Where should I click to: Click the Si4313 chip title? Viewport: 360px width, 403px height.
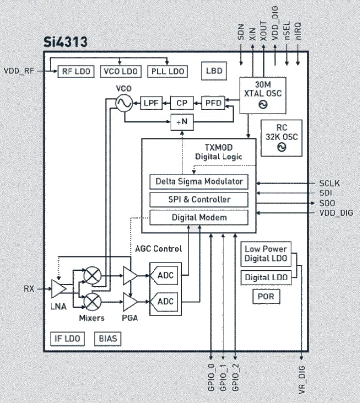66,42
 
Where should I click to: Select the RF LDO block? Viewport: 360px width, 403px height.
77,71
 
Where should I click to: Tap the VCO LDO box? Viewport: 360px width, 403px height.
120,71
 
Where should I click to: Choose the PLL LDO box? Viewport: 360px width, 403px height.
166,71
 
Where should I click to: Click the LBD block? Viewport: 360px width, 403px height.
214,71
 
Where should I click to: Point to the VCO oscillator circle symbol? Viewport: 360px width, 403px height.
124,103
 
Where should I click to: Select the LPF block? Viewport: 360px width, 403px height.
152,103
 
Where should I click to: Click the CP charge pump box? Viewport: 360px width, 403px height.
181,103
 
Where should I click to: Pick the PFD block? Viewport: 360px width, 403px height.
212,103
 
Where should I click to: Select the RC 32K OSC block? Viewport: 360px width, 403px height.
281,138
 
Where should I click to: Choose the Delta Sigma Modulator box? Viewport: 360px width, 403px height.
199,182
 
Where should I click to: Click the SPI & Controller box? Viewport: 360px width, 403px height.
199,199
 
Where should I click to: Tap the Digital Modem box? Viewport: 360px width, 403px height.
199,217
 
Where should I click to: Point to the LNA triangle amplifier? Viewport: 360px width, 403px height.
58,289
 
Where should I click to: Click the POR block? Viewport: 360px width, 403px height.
266,297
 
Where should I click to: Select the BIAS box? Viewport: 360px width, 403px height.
107,338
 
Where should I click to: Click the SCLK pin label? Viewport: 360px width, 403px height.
329,183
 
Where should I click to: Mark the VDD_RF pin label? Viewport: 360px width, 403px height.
19,70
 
